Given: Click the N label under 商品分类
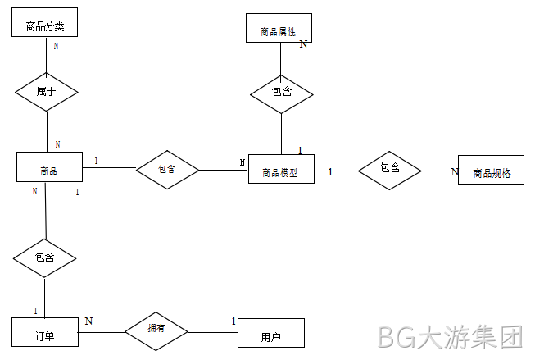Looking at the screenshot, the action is pos(56,46).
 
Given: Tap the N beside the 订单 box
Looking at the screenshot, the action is pos(88,321).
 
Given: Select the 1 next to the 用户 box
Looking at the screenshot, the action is pos(233,321).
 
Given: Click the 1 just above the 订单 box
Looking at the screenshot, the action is pos(35,311).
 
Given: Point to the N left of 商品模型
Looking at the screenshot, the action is pos(243,162).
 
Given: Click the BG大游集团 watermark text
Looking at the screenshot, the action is pos(451,338).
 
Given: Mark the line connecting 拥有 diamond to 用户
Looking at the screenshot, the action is pos(213,332).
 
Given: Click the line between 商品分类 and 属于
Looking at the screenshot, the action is pos(46,55).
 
